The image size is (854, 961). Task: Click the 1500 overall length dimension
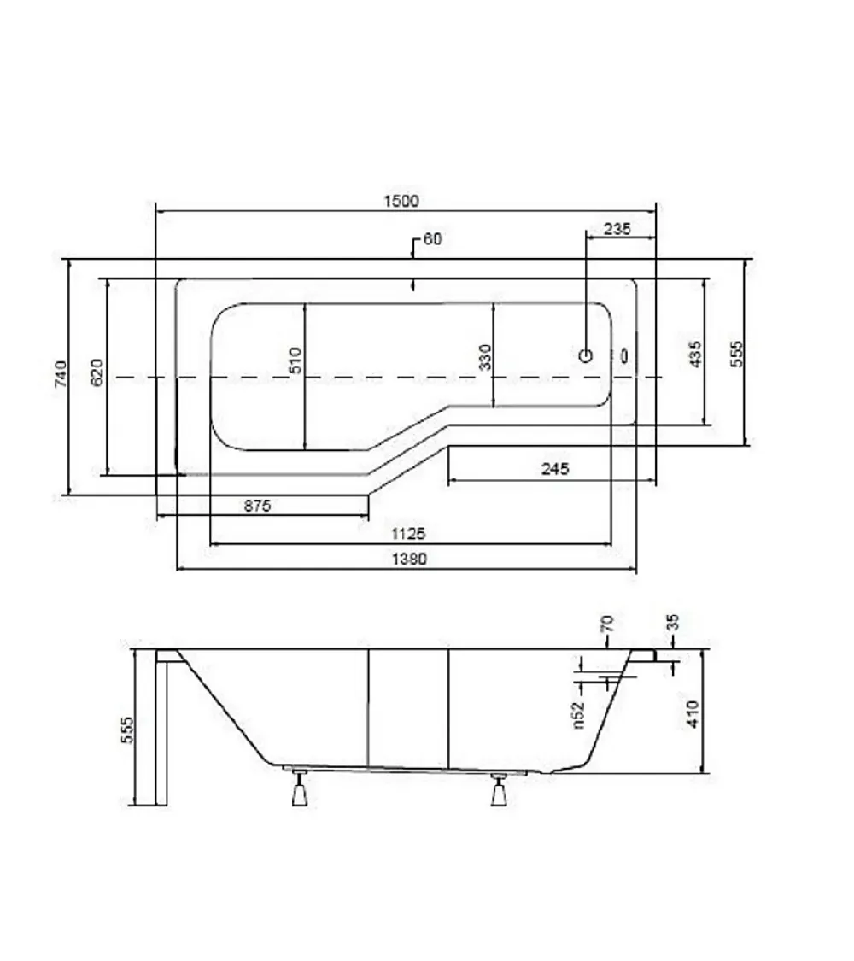click(x=401, y=201)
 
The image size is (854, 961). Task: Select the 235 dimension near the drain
click(x=617, y=229)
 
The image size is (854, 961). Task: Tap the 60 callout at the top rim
click(x=432, y=238)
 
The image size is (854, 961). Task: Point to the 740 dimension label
click(x=61, y=374)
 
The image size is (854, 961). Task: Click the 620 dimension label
click(x=97, y=372)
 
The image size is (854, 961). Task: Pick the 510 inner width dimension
click(x=295, y=360)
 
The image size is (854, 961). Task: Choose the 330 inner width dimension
click(x=484, y=357)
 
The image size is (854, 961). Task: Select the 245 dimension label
click(x=555, y=469)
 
